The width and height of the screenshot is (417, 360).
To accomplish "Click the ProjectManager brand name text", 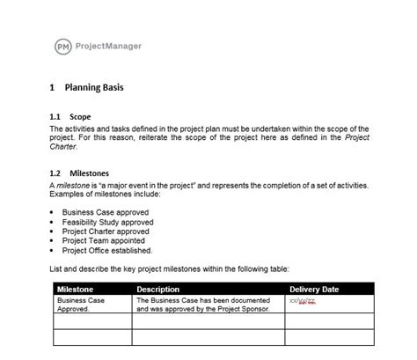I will click(x=110, y=45).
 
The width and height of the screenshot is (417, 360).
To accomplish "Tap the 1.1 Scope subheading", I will click(x=70, y=116).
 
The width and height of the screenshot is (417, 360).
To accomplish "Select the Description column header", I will click(x=158, y=289).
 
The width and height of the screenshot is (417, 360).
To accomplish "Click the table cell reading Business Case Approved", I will click(x=80, y=305).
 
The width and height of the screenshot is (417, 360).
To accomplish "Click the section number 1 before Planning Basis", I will click(x=54, y=89).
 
